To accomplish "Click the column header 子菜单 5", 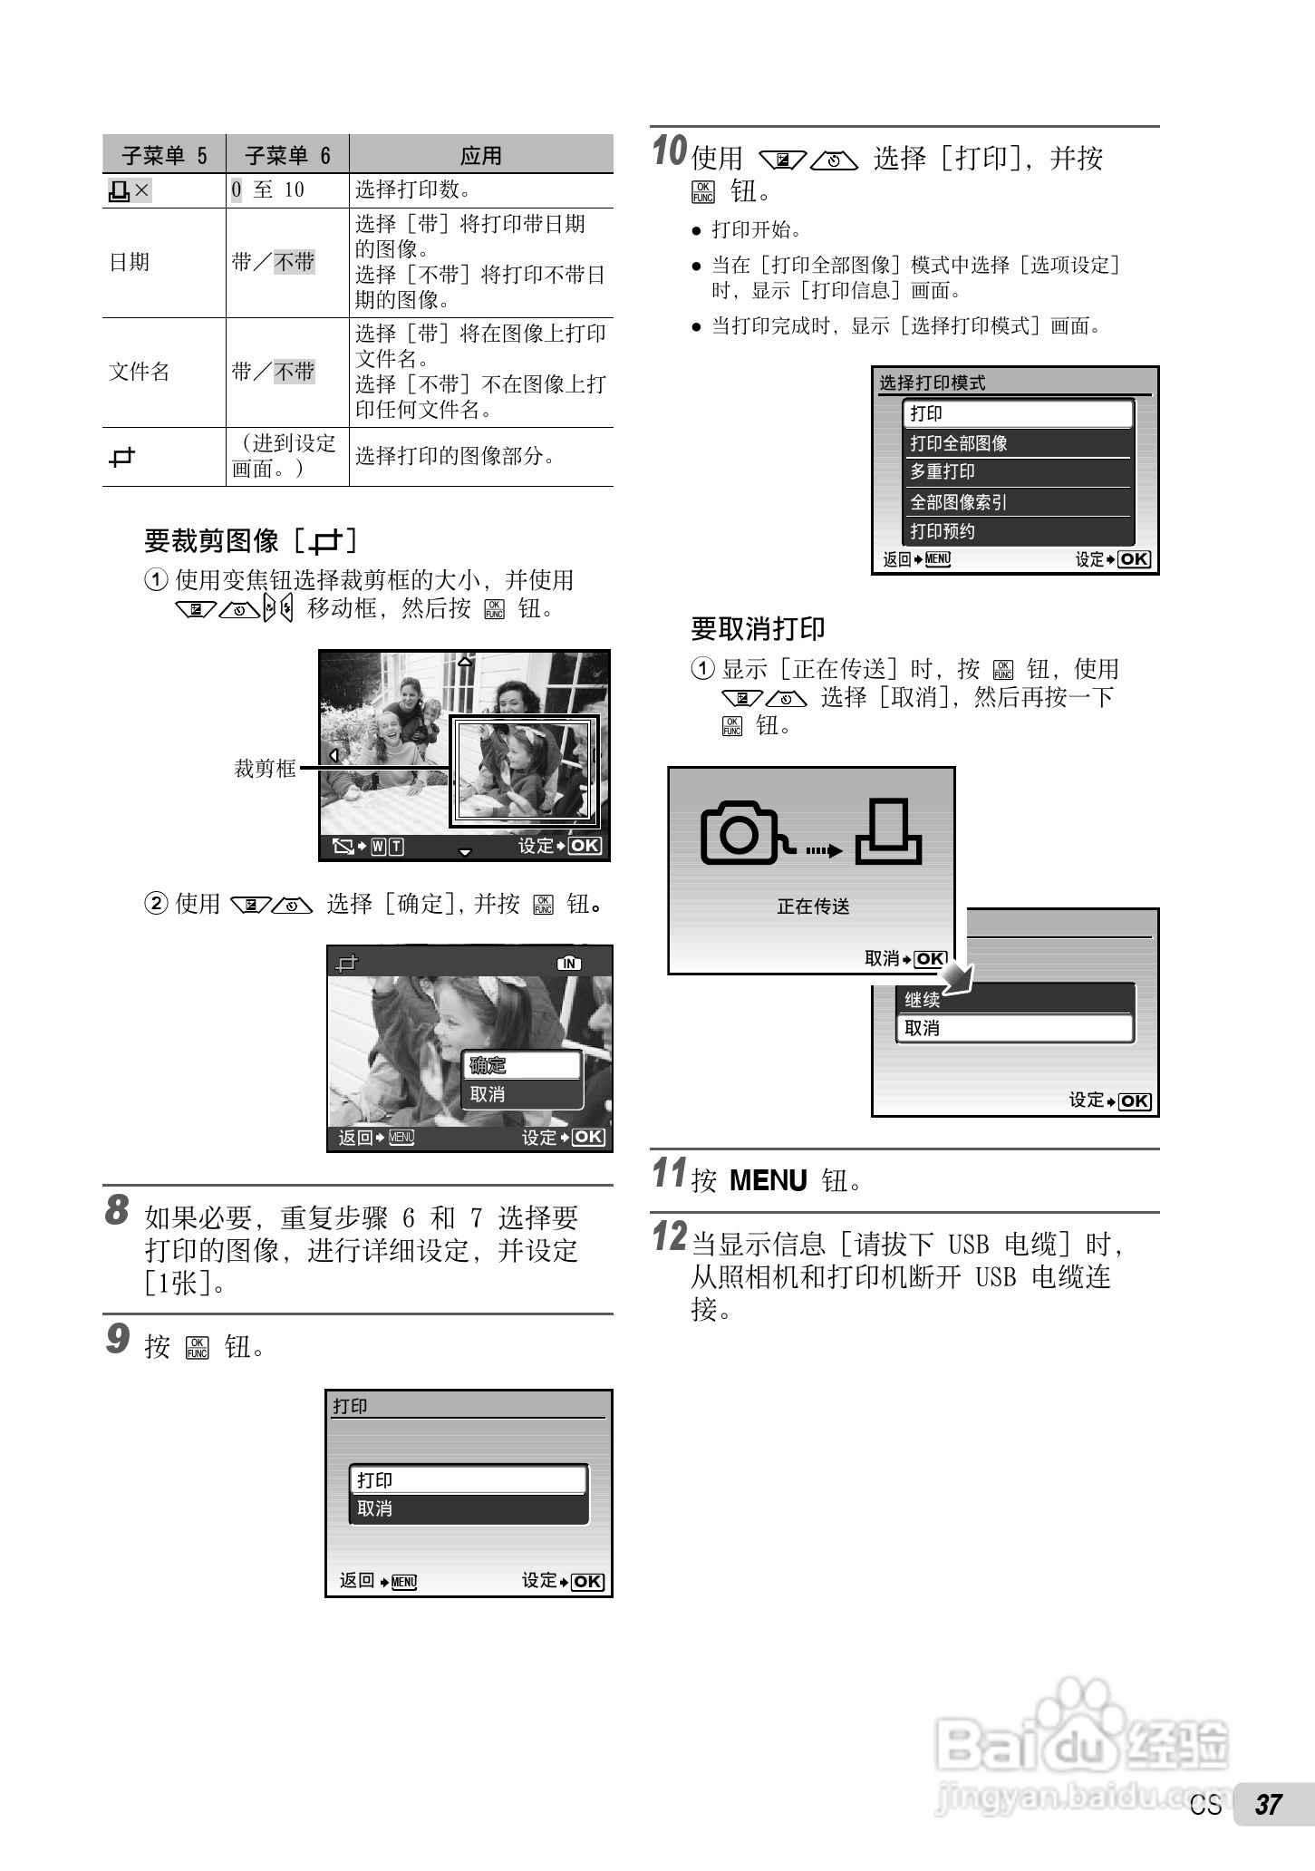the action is [164, 155].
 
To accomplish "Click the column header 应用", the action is [480, 155].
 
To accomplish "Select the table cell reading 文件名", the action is [140, 372].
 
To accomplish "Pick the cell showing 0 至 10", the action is [268, 189].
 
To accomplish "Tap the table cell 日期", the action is [129, 262].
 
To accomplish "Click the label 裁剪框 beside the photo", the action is [265, 769].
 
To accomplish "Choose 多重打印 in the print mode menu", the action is [943, 471].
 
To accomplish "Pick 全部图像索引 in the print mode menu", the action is [959, 501].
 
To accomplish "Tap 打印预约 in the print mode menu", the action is [943, 531].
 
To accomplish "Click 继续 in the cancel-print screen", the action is [923, 1000].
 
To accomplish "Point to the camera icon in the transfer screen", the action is [740, 832].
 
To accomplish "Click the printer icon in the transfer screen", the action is [890, 832].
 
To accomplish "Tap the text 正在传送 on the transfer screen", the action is [813, 906].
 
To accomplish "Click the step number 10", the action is [670, 150].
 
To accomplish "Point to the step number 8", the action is [117, 1210].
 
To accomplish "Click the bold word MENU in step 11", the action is [768, 1180].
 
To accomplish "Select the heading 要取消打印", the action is [758, 628].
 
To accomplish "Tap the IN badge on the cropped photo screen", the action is [569, 964].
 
